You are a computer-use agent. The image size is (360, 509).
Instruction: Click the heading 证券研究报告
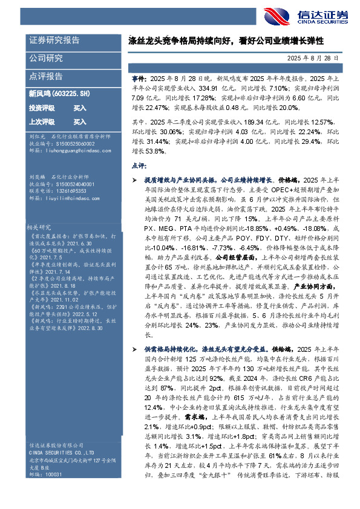pos(54,41)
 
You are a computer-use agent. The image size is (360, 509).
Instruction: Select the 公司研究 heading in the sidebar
pos(46,59)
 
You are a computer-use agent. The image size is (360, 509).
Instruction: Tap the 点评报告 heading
pos(46,77)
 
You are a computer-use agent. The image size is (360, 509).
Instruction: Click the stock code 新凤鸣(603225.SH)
pos(59,94)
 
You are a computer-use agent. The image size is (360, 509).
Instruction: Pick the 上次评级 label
pos(42,122)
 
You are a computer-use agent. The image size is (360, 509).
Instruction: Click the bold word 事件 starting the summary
pos(137,79)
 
